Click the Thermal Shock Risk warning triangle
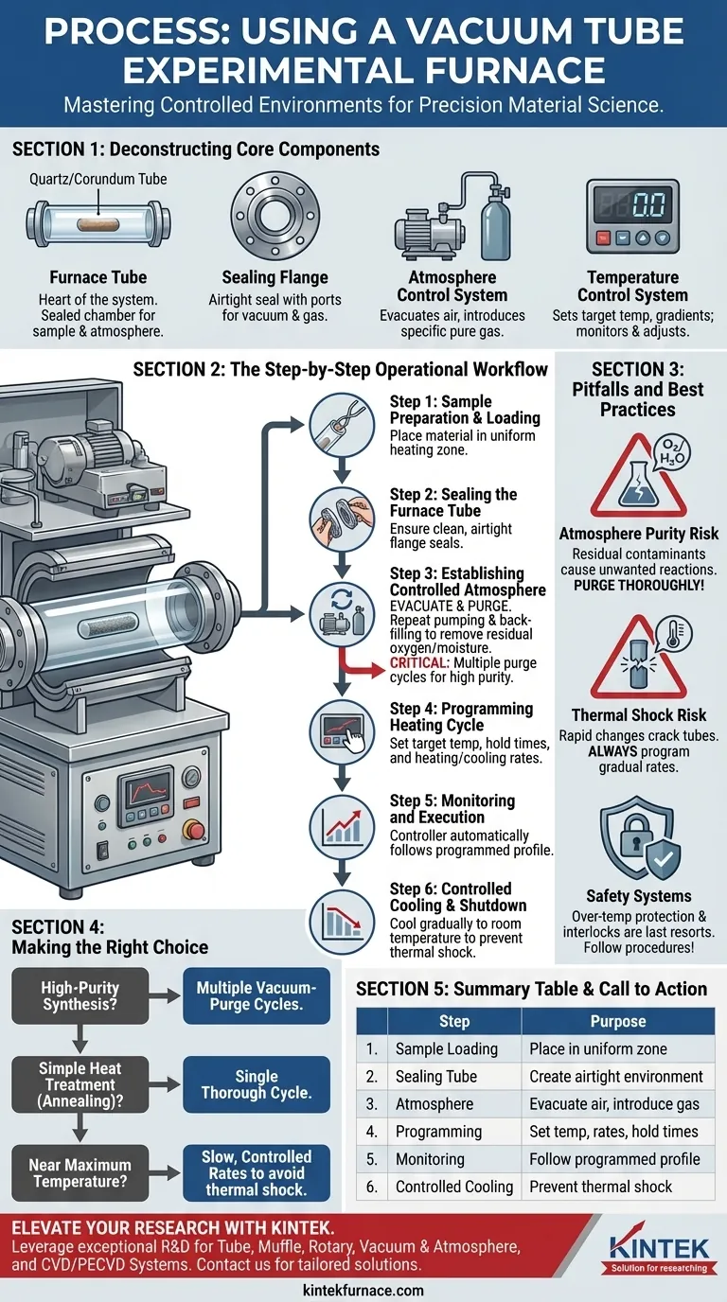tap(638, 657)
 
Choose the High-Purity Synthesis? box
tap(80, 995)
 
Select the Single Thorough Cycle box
tap(256, 1084)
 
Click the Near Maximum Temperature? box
tap(80, 1173)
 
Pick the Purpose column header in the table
tap(617, 1021)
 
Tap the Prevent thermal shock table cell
tap(600, 1186)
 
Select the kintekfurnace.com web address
tap(363, 1290)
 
